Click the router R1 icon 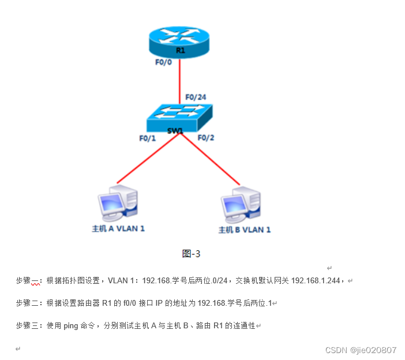coord(179,41)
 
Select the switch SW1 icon coord(179,118)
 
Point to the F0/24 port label coord(196,96)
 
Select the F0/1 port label coord(147,138)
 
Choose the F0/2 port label coord(206,138)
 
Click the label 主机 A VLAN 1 coord(118,228)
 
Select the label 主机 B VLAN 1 coord(244,230)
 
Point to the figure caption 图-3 coord(191,253)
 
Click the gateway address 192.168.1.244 coord(317,281)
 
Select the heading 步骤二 coord(29,303)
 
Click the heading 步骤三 coord(29,326)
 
